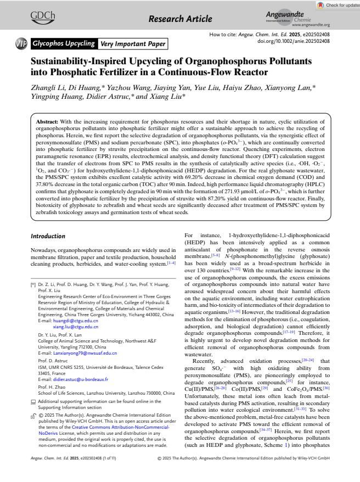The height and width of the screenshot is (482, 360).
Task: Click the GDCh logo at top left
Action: click(x=46, y=17)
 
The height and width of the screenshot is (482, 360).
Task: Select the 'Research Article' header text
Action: click(x=180, y=19)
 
